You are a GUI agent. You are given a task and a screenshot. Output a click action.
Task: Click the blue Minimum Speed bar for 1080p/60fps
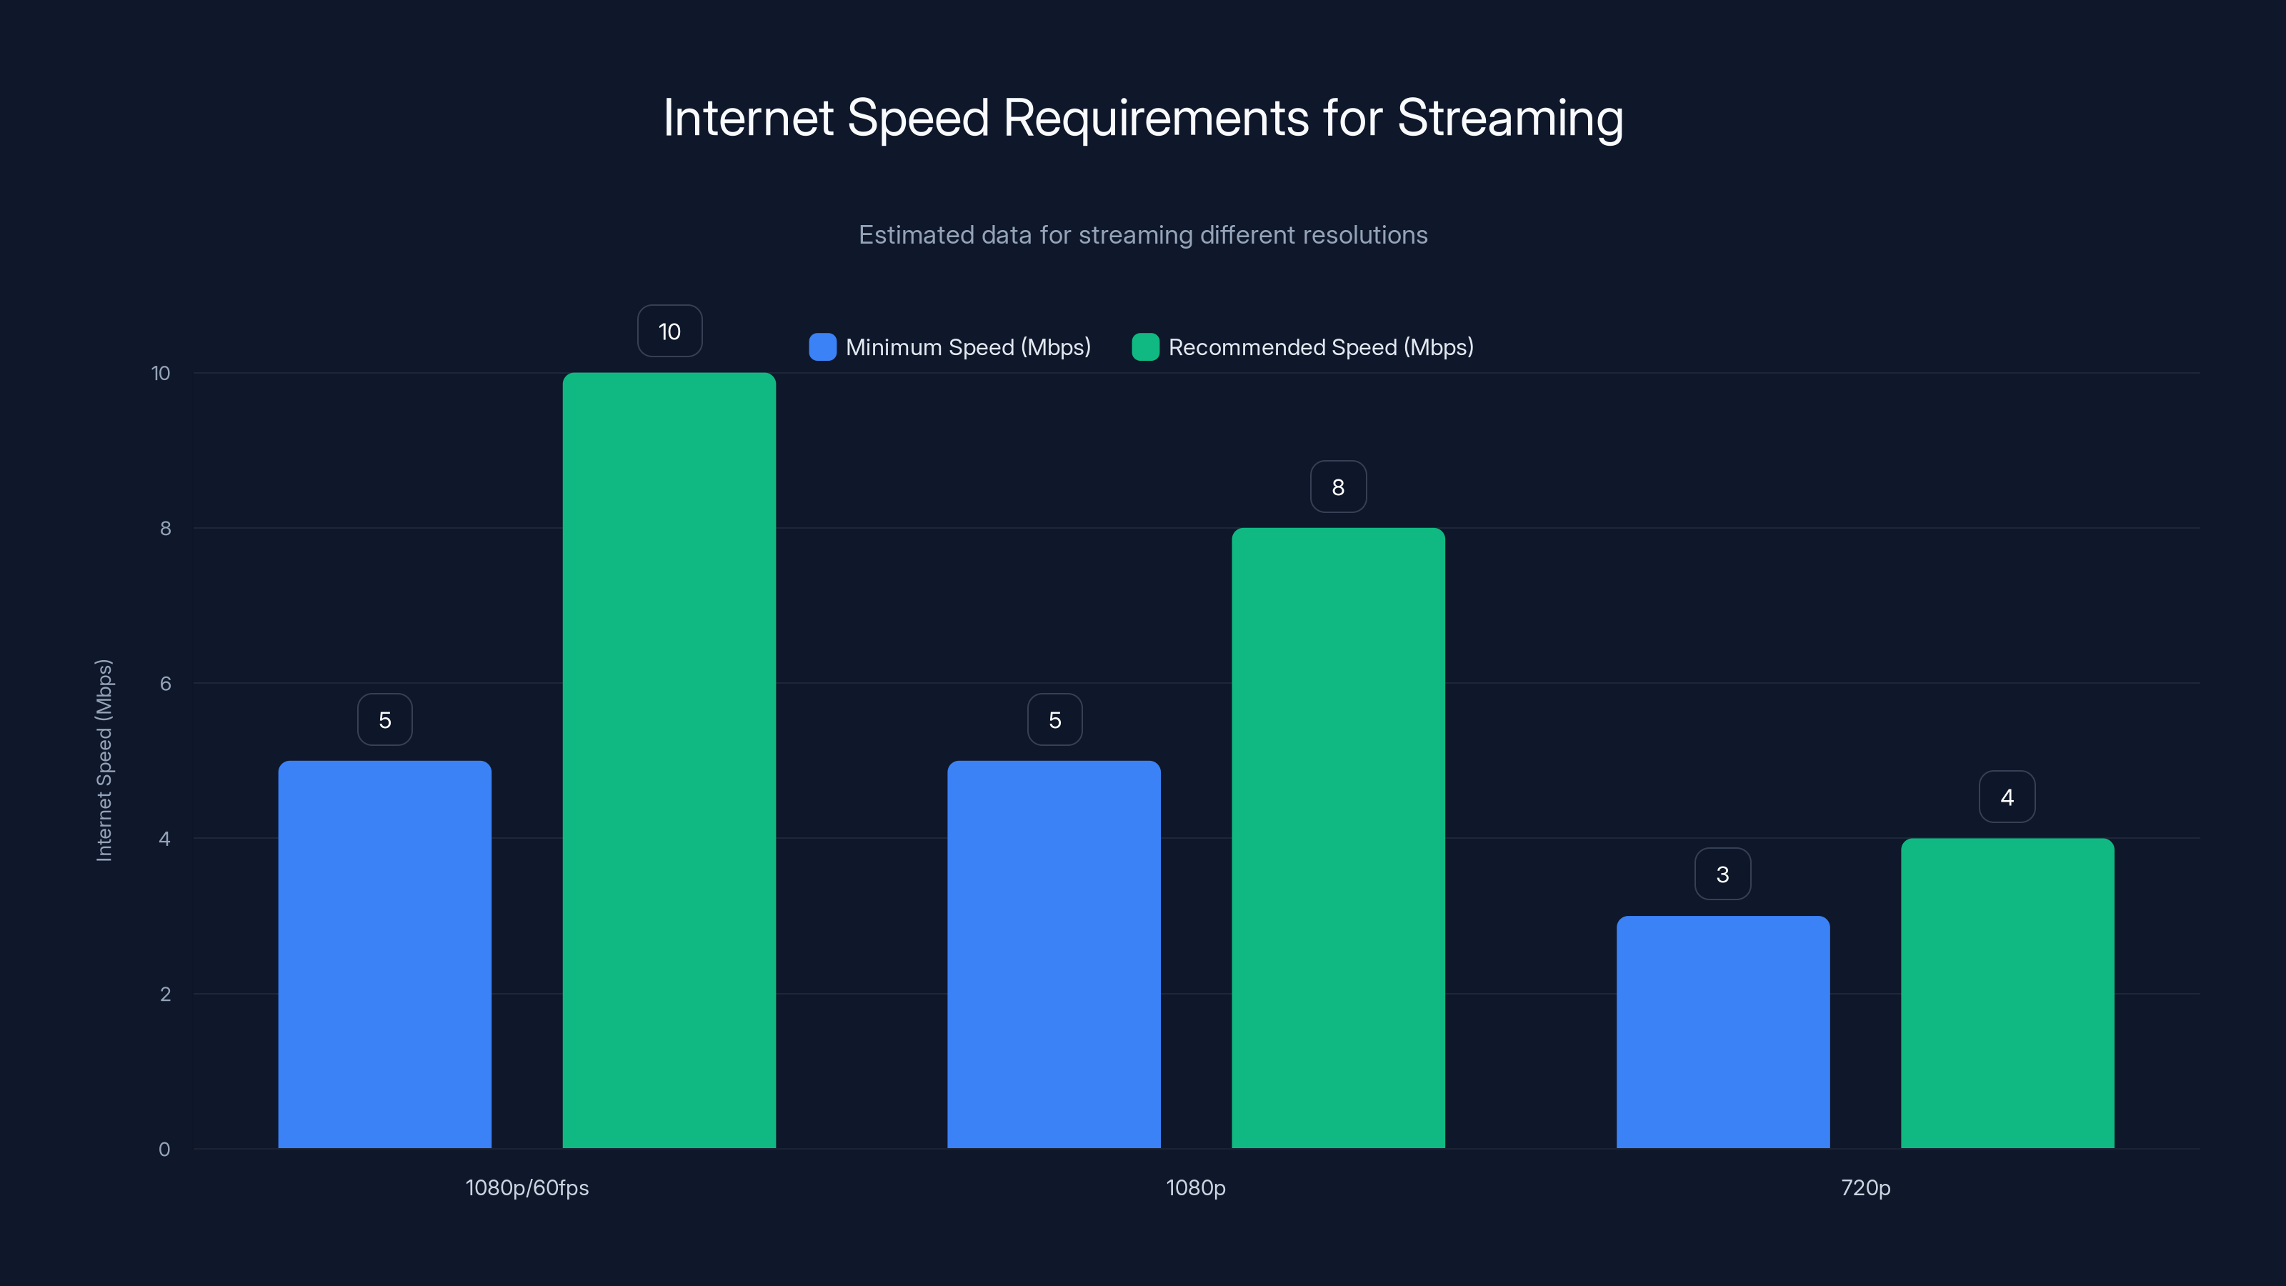384,954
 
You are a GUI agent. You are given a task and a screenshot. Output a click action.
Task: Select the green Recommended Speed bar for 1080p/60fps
669,761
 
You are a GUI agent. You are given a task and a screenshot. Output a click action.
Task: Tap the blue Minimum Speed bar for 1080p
1054,954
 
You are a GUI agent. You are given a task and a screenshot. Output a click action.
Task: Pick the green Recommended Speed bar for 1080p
1338,838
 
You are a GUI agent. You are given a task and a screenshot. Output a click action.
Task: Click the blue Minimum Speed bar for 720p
1722,1032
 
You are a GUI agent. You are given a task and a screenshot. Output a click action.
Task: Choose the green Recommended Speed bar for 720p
2007,993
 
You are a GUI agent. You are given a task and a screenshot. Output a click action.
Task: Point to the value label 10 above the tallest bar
669,331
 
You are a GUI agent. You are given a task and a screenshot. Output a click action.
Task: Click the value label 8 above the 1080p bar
1338,487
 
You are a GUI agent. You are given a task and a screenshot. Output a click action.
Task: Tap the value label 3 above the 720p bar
1722,874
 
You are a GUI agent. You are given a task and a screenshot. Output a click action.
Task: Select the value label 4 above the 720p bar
2007,797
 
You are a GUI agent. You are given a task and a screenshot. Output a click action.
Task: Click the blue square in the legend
823,347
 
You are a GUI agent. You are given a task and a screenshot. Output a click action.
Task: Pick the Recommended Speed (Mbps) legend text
1320,347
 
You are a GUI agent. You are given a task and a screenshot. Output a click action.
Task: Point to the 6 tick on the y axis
165,684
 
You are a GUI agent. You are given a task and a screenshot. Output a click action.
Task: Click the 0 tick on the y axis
164,1150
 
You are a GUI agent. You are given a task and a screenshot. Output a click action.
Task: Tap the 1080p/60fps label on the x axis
527,1187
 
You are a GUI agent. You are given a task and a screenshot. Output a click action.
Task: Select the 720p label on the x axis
1865,1187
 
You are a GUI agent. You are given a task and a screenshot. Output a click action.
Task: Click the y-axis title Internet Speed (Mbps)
104,761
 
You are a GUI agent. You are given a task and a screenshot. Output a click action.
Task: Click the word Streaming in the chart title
1509,118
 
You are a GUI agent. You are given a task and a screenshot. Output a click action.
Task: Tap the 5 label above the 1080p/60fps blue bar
384,719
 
